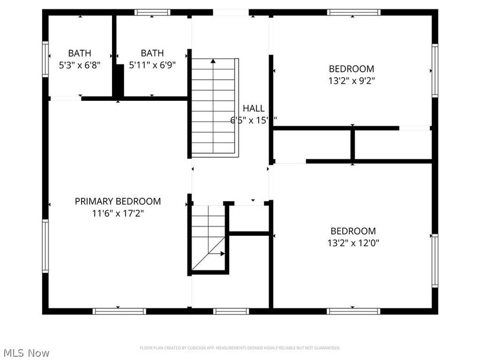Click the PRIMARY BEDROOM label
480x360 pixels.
coord(117,201)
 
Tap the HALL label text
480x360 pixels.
coord(253,108)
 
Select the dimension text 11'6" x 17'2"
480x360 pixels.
coord(117,213)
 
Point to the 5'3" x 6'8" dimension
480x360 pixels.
coord(79,65)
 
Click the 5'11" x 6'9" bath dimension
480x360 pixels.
coord(152,65)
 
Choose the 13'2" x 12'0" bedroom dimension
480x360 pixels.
coord(353,243)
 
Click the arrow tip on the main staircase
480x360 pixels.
coord(213,61)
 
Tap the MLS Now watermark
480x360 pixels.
coord(27,353)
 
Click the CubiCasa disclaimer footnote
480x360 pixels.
coord(240,348)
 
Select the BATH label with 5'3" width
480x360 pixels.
coord(79,53)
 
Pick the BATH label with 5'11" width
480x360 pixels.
coord(152,53)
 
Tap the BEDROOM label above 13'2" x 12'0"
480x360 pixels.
coord(353,231)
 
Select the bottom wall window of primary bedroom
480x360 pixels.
coord(118,311)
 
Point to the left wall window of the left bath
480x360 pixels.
coord(46,60)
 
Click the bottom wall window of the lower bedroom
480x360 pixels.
coord(353,311)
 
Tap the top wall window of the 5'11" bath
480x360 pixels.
coord(152,12)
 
